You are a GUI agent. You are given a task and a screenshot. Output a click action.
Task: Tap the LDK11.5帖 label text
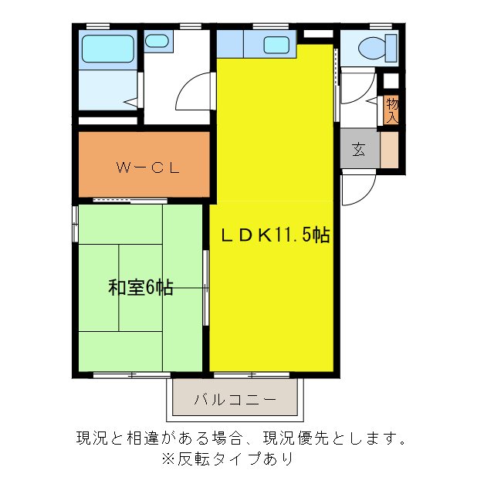276,235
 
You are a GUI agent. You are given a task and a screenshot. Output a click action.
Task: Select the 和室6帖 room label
140,288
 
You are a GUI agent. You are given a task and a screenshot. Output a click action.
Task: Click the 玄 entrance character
359,150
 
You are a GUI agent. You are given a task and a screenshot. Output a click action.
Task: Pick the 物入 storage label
392,109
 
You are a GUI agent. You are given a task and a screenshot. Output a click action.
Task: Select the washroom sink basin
158,42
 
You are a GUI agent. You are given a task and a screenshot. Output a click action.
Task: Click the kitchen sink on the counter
276,45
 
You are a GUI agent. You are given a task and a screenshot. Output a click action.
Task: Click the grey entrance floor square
360,150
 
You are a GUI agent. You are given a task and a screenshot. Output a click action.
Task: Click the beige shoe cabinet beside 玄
390,151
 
